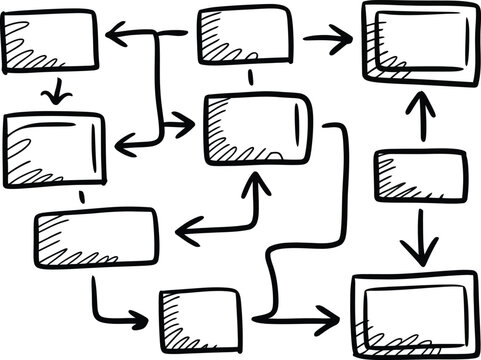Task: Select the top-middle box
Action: point(245,34)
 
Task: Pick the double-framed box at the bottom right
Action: point(411,305)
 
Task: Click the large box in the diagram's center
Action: point(256,128)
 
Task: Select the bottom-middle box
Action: point(200,316)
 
